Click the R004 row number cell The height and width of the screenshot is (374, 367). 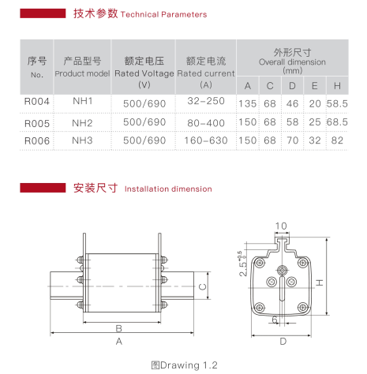click(37, 102)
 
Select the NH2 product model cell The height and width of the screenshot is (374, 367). click(82, 123)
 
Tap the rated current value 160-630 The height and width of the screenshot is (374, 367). click(206, 140)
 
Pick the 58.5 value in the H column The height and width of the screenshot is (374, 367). click(337, 103)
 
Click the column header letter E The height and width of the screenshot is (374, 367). click(315, 86)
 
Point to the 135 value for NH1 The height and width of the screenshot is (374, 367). click(248, 103)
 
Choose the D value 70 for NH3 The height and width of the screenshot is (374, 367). click(292, 140)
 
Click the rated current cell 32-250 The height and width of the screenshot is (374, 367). click(206, 101)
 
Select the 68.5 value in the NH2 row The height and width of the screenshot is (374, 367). click(337, 122)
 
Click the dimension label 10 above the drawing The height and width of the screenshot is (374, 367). click(281, 226)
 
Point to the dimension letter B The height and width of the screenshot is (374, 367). click(119, 328)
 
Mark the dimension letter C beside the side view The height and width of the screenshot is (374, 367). click(203, 286)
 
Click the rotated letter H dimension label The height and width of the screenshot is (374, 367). click(320, 282)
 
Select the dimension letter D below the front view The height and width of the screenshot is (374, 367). click(283, 342)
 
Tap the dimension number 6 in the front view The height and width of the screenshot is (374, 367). click(275, 320)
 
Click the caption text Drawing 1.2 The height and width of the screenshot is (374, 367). click(189, 365)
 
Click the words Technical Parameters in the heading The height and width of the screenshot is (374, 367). click(163, 14)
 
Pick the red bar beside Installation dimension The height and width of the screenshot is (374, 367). click(43, 188)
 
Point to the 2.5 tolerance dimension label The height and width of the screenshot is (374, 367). click(242, 264)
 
